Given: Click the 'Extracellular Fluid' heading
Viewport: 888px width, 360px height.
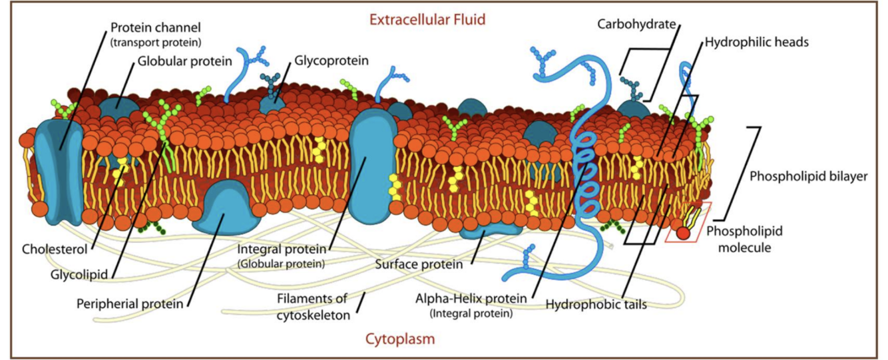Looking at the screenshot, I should click(x=427, y=19).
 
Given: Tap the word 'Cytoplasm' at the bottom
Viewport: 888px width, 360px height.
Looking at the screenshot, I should click(x=399, y=339).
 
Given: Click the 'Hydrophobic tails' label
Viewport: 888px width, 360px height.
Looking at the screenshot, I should click(x=596, y=304).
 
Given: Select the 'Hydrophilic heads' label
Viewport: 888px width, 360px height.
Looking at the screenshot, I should click(x=756, y=42).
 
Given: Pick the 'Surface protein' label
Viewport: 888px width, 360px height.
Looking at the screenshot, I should click(x=418, y=264).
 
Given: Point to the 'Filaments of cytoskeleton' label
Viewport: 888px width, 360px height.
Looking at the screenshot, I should click(x=313, y=306).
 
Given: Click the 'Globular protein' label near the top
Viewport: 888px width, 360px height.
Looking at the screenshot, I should click(x=184, y=61).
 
